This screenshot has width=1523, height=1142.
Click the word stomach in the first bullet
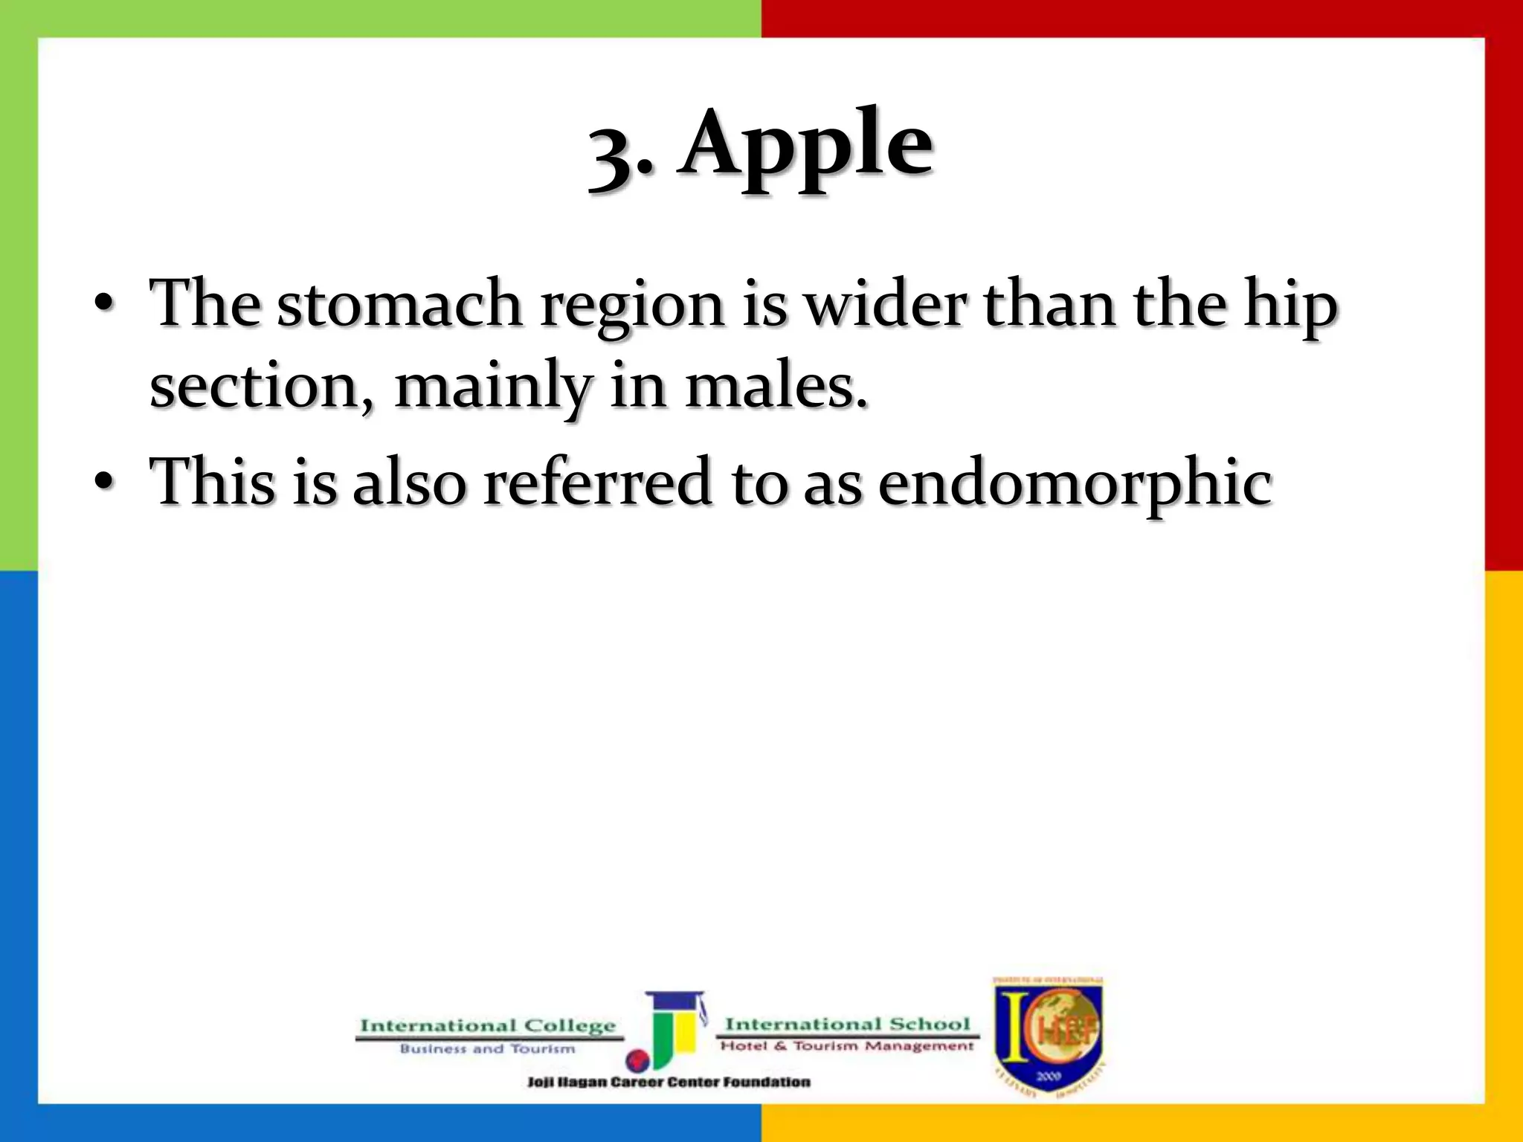click(x=399, y=305)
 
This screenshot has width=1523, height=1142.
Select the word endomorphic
click(x=1075, y=483)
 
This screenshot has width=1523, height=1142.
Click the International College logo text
click(x=488, y=1026)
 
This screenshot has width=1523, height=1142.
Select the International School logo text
click(x=847, y=1025)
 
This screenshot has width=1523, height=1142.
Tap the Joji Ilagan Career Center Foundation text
click(x=669, y=1083)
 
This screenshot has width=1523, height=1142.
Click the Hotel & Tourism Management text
click(x=847, y=1046)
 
